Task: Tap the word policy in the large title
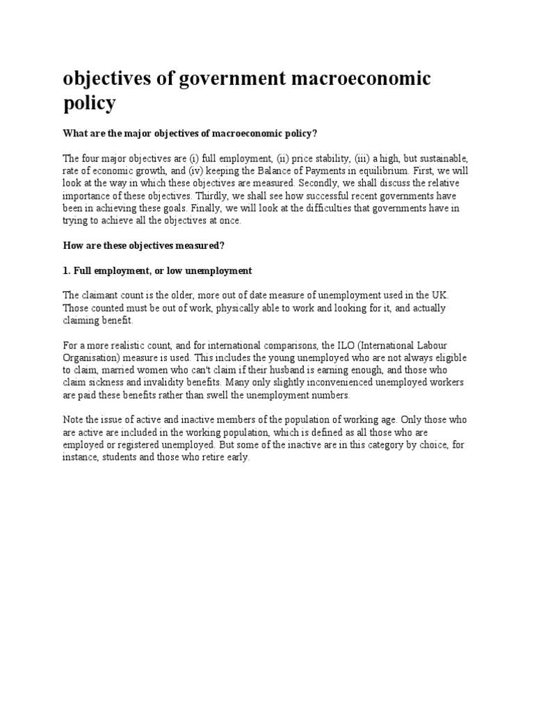click(89, 104)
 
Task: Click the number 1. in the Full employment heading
click(67, 270)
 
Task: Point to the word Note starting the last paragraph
click(74, 421)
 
